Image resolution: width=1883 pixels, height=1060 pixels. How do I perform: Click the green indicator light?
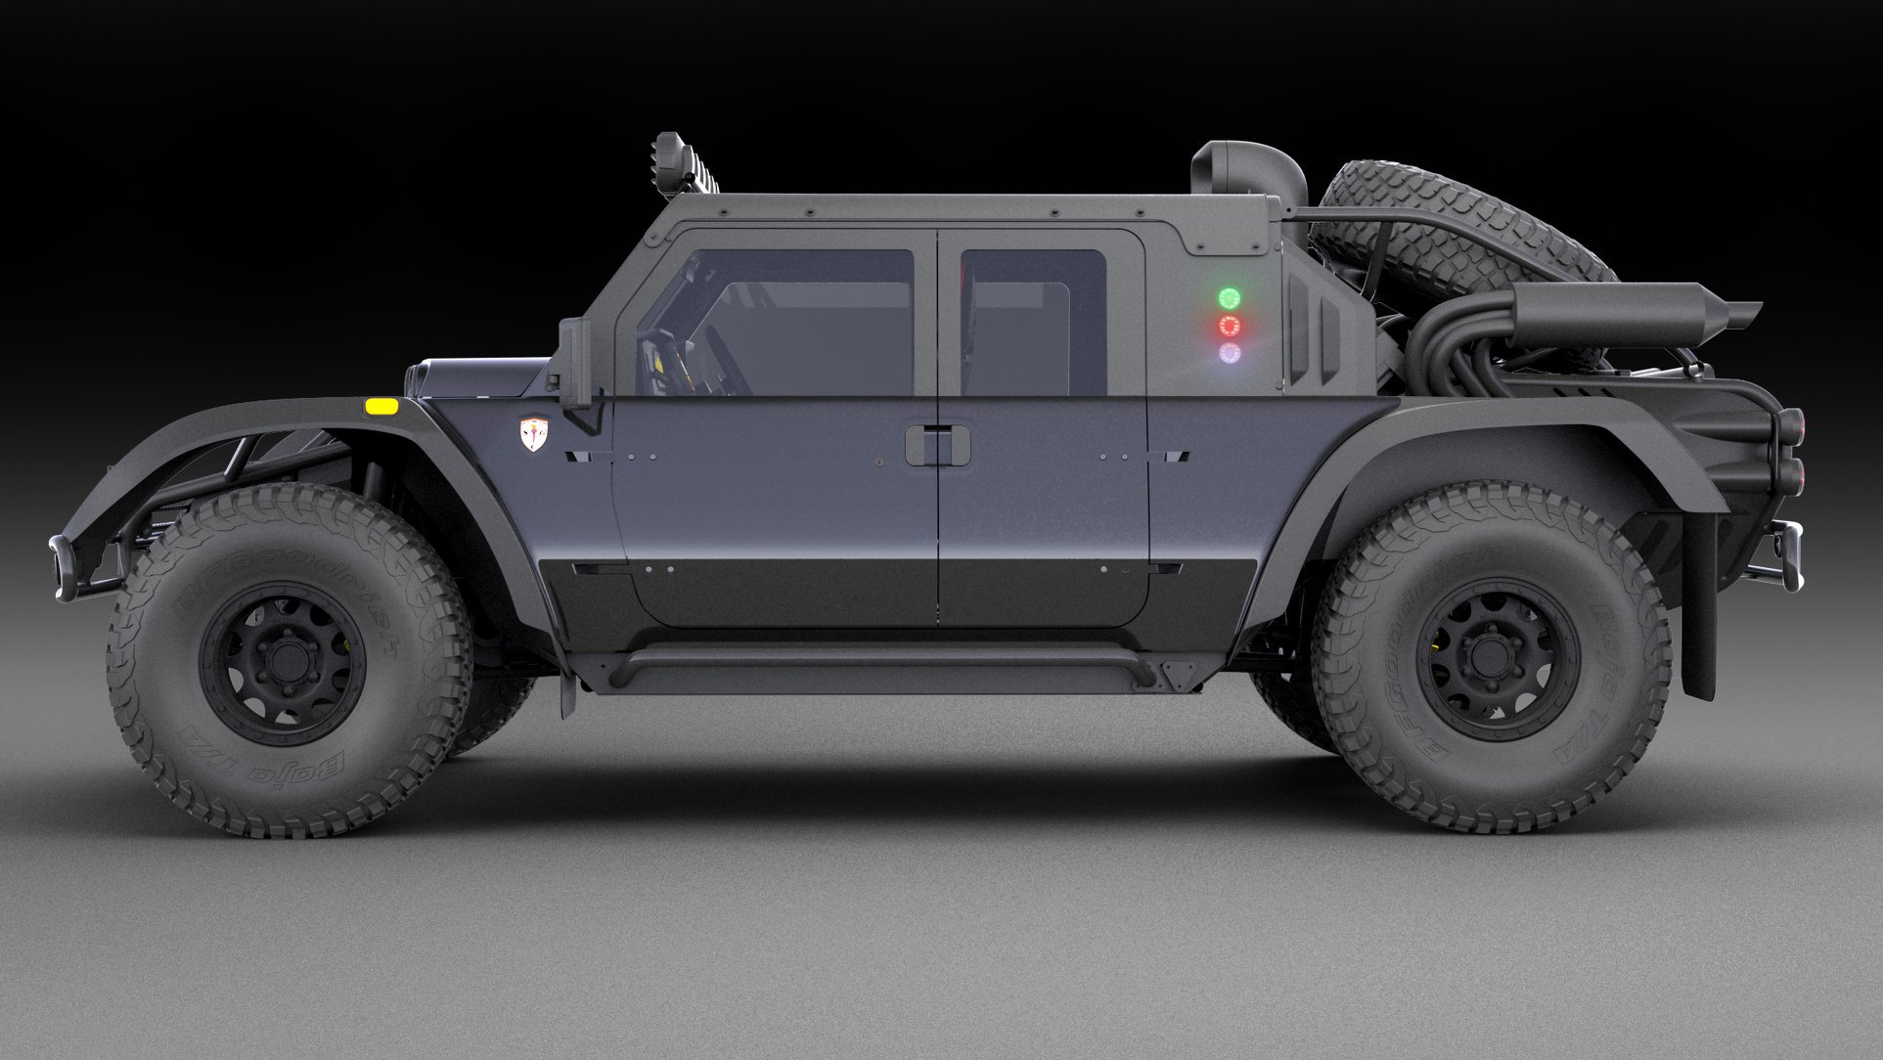point(1228,297)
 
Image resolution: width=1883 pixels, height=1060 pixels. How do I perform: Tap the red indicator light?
point(1229,326)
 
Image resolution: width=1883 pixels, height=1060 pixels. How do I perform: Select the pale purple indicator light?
point(1230,352)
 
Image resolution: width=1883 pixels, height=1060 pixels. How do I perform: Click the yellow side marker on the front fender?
point(381,406)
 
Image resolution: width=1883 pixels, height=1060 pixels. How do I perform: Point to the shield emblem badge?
point(534,434)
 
